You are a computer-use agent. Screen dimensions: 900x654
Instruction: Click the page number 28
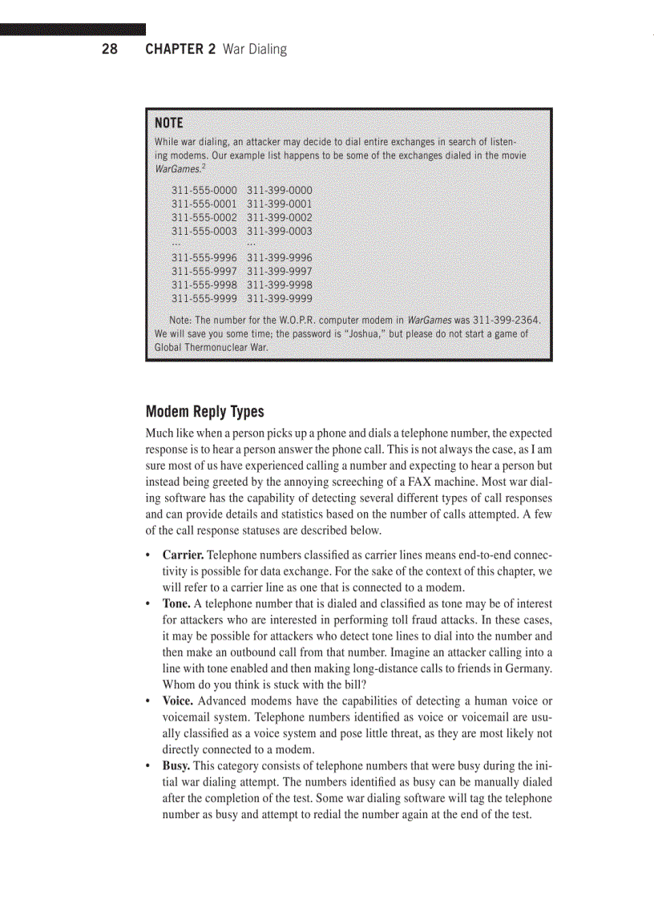click(109, 50)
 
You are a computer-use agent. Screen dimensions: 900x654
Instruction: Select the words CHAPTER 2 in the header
click(180, 50)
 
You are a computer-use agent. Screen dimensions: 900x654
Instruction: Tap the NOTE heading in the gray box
click(168, 123)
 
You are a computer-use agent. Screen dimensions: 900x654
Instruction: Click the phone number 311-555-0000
click(204, 191)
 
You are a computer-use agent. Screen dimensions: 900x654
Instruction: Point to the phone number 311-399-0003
click(280, 232)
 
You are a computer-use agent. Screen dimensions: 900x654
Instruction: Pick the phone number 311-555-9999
click(204, 299)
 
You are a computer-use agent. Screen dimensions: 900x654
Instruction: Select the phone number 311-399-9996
click(280, 258)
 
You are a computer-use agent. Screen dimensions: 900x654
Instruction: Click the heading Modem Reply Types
click(204, 412)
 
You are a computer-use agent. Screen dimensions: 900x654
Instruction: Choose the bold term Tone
click(177, 603)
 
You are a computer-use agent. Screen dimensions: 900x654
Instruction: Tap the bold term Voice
click(179, 701)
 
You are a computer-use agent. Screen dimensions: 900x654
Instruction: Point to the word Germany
click(527, 668)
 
